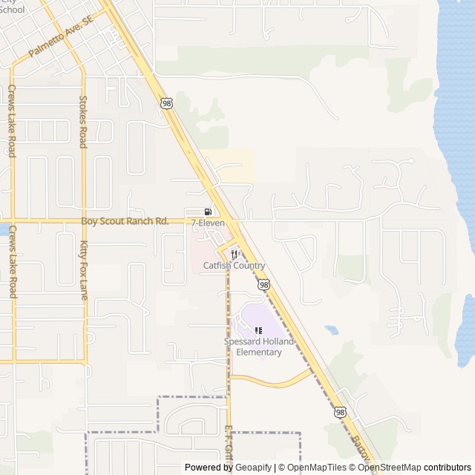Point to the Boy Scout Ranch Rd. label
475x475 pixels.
tap(125, 221)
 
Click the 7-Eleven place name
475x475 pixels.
tap(208, 223)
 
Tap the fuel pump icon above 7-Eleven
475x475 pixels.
tap(207, 212)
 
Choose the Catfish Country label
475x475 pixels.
tap(234, 266)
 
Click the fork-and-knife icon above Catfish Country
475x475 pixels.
tap(235, 254)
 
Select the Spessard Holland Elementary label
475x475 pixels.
tap(258, 347)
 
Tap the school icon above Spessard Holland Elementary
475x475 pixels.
tap(258, 330)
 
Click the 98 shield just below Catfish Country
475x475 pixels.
tap(263, 284)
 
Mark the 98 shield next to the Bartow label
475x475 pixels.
tap(340, 412)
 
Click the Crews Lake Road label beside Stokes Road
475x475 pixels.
tap(12, 121)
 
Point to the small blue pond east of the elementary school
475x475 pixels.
tap(331, 329)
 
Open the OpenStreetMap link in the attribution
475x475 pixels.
tap(390, 468)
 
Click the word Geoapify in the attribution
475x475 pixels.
tap(253, 468)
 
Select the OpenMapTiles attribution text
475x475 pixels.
tap(317, 468)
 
